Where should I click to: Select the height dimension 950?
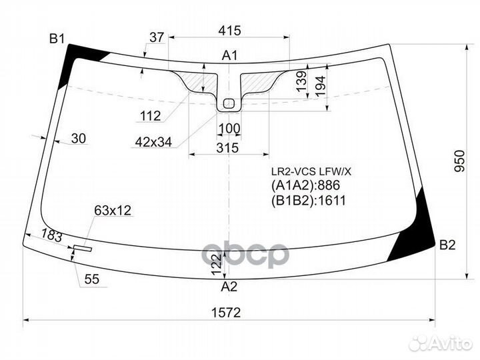point(459,161)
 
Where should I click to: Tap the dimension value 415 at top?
point(229,31)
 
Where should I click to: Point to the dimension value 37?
point(157,38)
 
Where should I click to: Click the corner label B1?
point(57,38)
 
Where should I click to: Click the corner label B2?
point(447,245)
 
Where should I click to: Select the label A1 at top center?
point(229,55)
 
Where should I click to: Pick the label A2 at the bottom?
point(229,287)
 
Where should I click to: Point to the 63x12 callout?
point(113,211)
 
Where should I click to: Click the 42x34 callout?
point(153,142)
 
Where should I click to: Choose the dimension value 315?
point(228,148)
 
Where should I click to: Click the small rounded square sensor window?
point(229,103)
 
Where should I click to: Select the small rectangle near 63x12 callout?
point(83,249)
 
